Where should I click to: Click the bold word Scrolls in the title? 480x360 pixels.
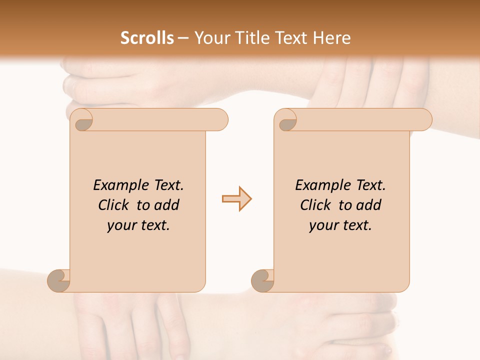click(147, 38)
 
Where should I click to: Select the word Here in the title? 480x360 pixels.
click(332, 38)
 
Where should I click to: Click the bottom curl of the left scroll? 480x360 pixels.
click(59, 280)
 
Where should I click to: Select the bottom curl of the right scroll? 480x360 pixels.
click(263, 280)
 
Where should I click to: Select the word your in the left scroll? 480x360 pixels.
click(120, 225)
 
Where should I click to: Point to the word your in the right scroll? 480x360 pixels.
click(322, 225)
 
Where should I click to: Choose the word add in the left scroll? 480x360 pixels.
click(166, 205)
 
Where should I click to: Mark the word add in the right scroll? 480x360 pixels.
click(369, 205)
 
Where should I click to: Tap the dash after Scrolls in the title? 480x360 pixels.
click(183, 38)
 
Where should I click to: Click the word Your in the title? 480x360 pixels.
click(211, 38)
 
